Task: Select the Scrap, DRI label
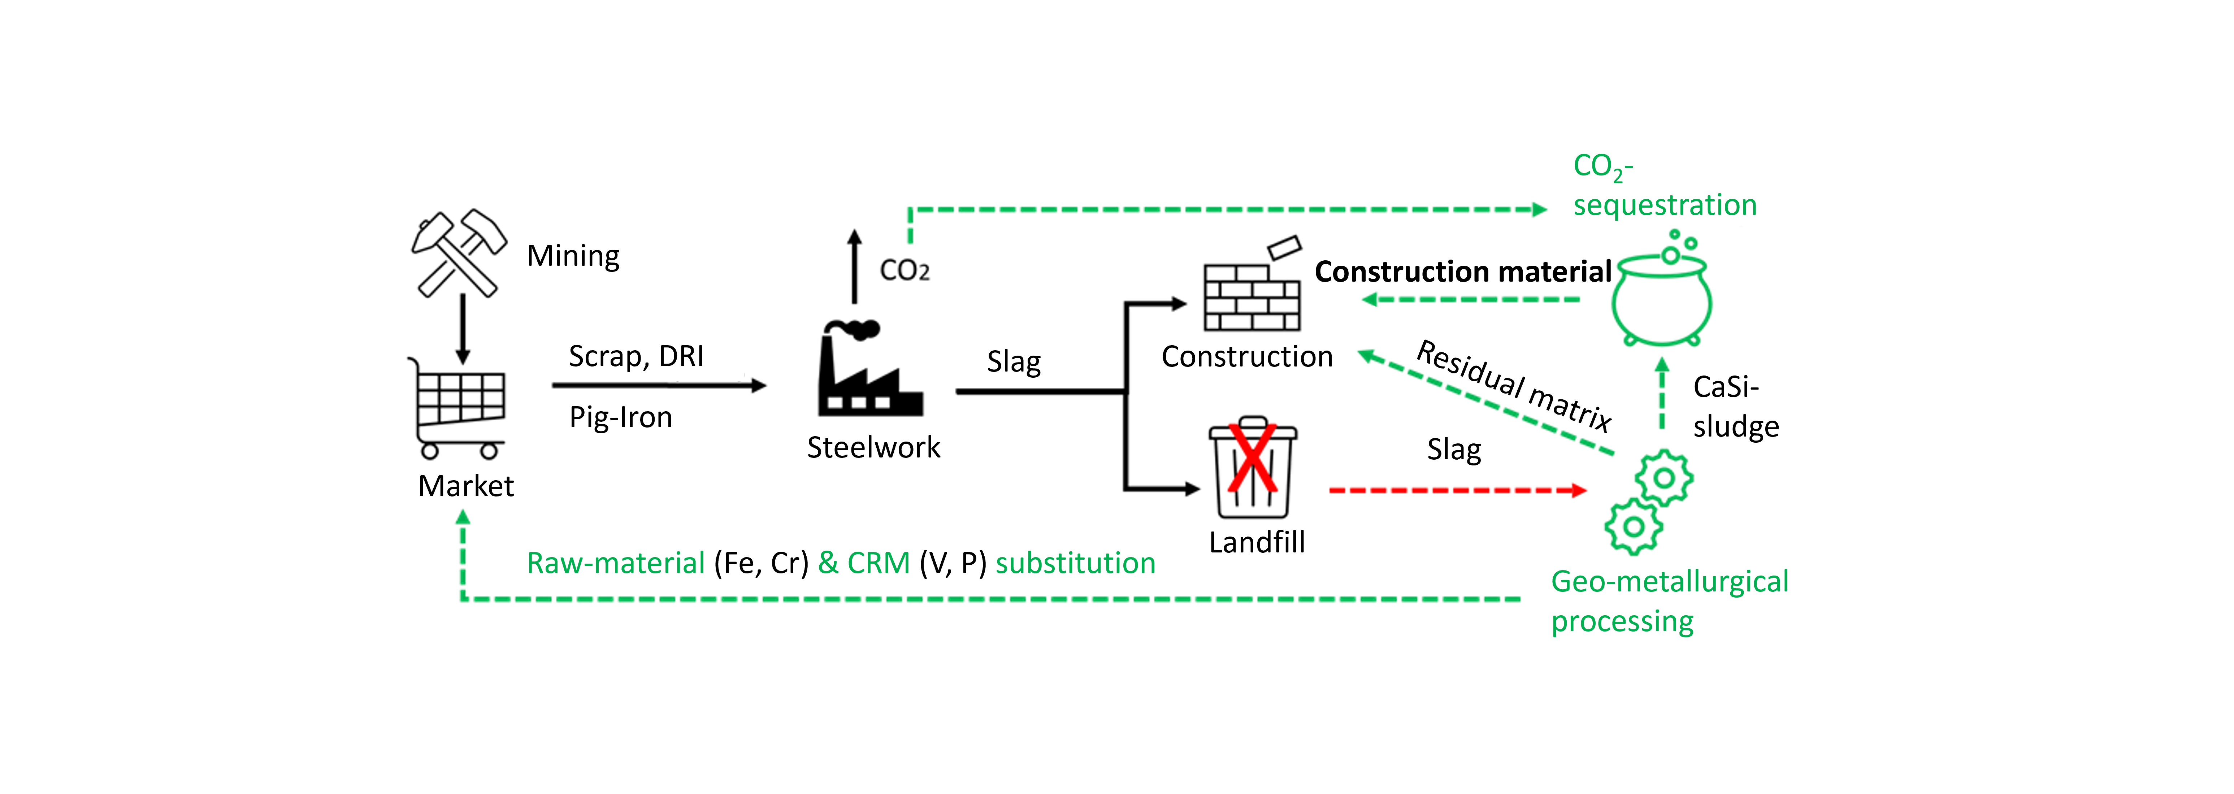[636, 356]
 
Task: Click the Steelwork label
[873, 447]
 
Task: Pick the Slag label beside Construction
[1014, 361]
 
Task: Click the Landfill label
[1257, 543]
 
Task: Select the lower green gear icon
[1634, 526]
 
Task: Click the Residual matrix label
[1513, 386]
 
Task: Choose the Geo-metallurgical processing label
[1669, 601]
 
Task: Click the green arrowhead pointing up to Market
[463, 517]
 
